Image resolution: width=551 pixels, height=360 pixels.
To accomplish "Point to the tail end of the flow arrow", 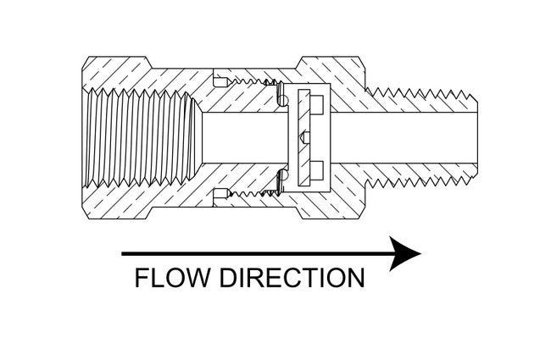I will [125, 253].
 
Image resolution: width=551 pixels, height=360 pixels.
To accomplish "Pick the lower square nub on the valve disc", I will [315, 166].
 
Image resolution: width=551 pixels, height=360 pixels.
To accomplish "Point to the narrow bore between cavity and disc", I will [242, 136].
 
